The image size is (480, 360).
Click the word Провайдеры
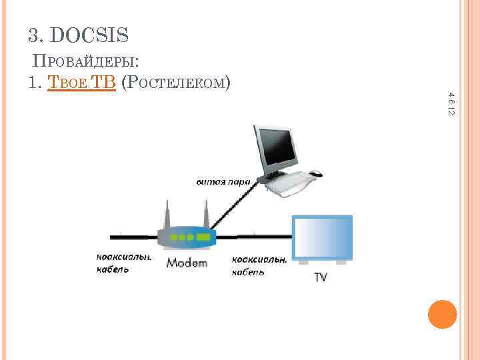point(85,62)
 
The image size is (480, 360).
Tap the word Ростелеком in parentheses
point(177,82)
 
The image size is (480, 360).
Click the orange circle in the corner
point(442,314)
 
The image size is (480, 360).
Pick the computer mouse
point(315,174)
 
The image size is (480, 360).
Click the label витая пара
point(223,181)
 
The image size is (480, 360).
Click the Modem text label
point(187,263)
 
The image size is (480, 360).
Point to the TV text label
point(321,277)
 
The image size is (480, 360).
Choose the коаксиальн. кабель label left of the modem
point(123,263)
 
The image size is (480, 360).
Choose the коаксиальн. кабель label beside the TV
point(259,265)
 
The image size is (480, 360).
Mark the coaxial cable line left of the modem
point(133,235)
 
